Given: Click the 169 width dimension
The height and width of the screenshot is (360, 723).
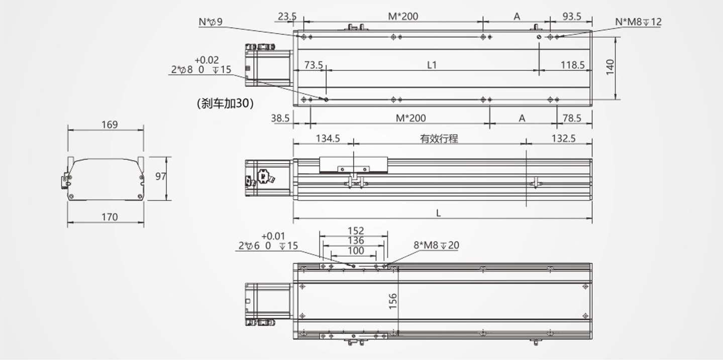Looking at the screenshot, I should pyautogui.click(x=109, y=124).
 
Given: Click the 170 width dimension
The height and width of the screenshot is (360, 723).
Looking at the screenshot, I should pyautogui.click(x=109, y=217).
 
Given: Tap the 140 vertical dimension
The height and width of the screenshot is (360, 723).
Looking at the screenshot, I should pyautogui.click(x=610, y=67).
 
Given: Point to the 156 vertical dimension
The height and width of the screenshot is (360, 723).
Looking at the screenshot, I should pyautogui.click(x=393, y=300).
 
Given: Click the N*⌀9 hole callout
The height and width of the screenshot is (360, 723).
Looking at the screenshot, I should pyautogui.click(x=211, y=22).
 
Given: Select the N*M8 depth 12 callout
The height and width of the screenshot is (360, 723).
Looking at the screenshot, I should pyautogui.click(x=639, y=22).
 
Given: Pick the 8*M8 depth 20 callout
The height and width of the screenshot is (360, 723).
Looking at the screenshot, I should pyautogui.click(x=436, y=245).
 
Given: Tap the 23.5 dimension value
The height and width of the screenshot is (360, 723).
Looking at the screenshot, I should pyautogui.click(x=287, y=17).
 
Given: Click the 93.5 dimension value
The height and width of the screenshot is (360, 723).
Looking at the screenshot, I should pyautogui.click(x=572, y=17).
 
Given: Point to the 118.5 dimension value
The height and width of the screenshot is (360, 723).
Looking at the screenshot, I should pyautogui.click(x=573, y=65).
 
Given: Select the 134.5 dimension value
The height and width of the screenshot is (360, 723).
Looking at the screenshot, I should pyautogui.click(x=328, y=139).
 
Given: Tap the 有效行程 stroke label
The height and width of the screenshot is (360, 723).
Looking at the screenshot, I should pyautogui.click(x=439, y=139).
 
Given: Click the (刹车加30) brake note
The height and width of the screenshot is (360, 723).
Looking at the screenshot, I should pyautogui.click(x=225, y=103).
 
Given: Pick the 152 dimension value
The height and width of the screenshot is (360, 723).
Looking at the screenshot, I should pyautogui.click(x=356, y=231).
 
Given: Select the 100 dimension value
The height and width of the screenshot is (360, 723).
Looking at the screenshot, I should pyautogui.click(x=356, y=251).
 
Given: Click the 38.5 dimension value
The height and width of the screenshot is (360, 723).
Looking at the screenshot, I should pyautogui.click(x=280, y=118).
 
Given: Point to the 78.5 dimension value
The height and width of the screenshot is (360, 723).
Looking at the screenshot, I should pyautogui.click(x=572, y=118).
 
